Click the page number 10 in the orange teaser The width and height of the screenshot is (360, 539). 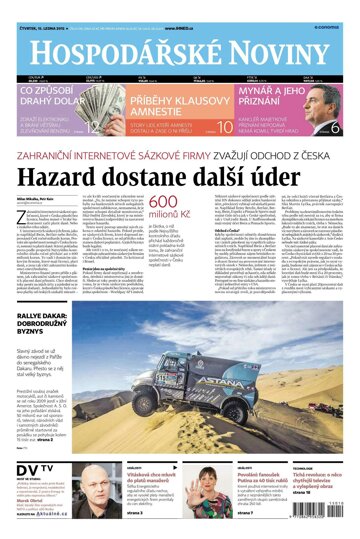click(226, 126)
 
